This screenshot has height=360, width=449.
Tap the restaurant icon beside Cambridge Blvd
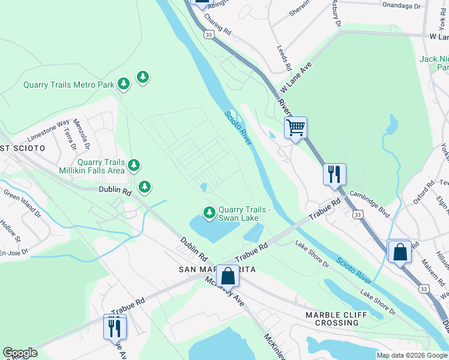(334, 175)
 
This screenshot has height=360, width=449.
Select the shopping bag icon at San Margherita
(228, 276)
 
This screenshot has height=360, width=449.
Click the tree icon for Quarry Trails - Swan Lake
(209, 212)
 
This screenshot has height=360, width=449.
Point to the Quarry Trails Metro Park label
(68, 85)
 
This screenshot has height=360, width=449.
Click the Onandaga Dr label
(402, 5)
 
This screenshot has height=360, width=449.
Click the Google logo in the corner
(20, 352)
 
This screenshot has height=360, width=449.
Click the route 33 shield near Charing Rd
(208, 35)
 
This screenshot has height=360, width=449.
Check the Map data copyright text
(412, 355)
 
